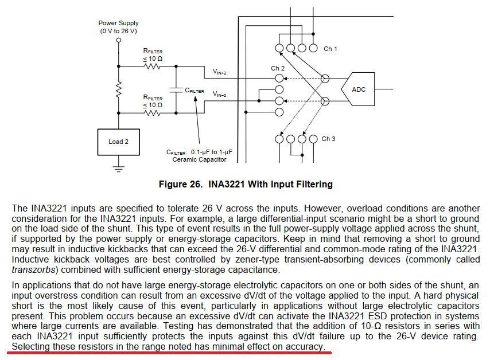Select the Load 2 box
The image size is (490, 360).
point(118,142)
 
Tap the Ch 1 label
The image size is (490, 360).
point(330,49)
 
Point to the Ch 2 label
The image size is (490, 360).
point(278,68)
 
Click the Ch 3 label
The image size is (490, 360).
point(328,139)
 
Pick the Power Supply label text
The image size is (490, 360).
point(118,24)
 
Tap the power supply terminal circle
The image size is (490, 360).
point(118,40)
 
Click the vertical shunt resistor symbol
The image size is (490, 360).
point(118,89)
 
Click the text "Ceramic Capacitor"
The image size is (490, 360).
point(199,159)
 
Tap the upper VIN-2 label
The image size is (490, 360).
point(220,72)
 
